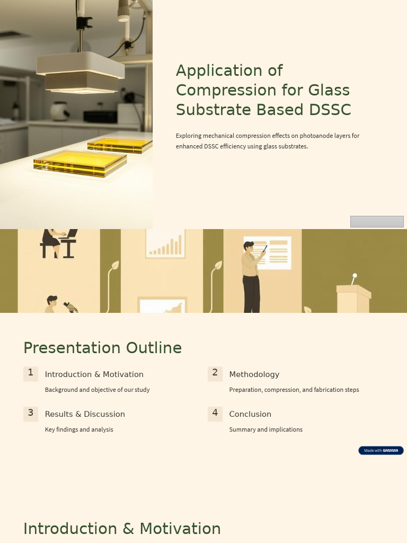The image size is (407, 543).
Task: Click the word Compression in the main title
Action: (x=223, y=90)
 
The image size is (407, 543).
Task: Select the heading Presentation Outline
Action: (x=102, y=348)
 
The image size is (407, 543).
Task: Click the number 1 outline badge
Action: (x=31, y=373)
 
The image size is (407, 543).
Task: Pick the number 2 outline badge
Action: (x=215, y=373)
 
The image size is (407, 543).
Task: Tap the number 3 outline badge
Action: (x=31, y=413)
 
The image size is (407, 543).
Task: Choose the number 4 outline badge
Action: (x=215, y=413)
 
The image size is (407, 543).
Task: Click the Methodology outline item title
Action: (x=254, y=374)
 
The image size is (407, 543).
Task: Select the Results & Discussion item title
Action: (x=85, y=414)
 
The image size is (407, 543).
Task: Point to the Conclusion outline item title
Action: (x=250, y=414)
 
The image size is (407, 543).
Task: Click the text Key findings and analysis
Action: (x=79, y=430)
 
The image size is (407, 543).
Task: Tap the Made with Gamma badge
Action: (x=381, y=450)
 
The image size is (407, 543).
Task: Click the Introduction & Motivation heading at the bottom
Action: (x=122, y=529)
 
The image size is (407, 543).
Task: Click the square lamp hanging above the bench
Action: (x=81, y=72)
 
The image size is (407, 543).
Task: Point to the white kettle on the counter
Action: (x=59, y=111)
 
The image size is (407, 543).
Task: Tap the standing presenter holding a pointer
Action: (x=251, y=276)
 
